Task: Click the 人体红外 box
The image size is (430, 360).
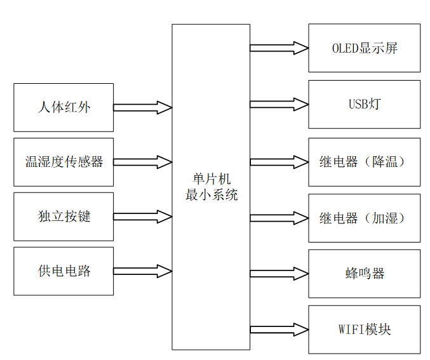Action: click(x=64, y=107)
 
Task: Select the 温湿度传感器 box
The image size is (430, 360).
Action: click(x=64, y=162)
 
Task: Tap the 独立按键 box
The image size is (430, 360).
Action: click(x=64, y=217)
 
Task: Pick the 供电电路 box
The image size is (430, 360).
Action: click(x=64, y=271)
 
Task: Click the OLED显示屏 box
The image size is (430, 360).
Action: click(x=364, y=48)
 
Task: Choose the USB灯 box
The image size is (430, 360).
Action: click(x=364, y=104)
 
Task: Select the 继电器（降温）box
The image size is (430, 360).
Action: click(x=364, y=162)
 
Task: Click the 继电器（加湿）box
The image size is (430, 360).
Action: click(x=364, y=218)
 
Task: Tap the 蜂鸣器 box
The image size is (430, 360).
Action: click(x=364, y=274)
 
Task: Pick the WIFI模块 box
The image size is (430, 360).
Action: click(x=364, y=330)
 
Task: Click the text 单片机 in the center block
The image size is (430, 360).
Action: click(x=212, y=180)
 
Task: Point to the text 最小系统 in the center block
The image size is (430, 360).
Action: click(x=212, y=195)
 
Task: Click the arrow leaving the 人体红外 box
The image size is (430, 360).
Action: click(x=143, y=107)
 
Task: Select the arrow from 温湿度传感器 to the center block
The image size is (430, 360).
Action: click(x=143, y=162)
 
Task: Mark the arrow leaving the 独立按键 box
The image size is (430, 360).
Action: click(x=143, y=217)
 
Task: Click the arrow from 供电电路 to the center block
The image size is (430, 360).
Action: click(x=143, y=271)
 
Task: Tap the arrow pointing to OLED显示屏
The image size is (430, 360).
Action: click(x=279, y=48)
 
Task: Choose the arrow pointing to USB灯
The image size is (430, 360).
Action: click(x=279, y=104)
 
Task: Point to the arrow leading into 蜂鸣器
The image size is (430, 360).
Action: click(x=279, y=274)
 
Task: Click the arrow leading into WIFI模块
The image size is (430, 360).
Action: click(x=279, y=329)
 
